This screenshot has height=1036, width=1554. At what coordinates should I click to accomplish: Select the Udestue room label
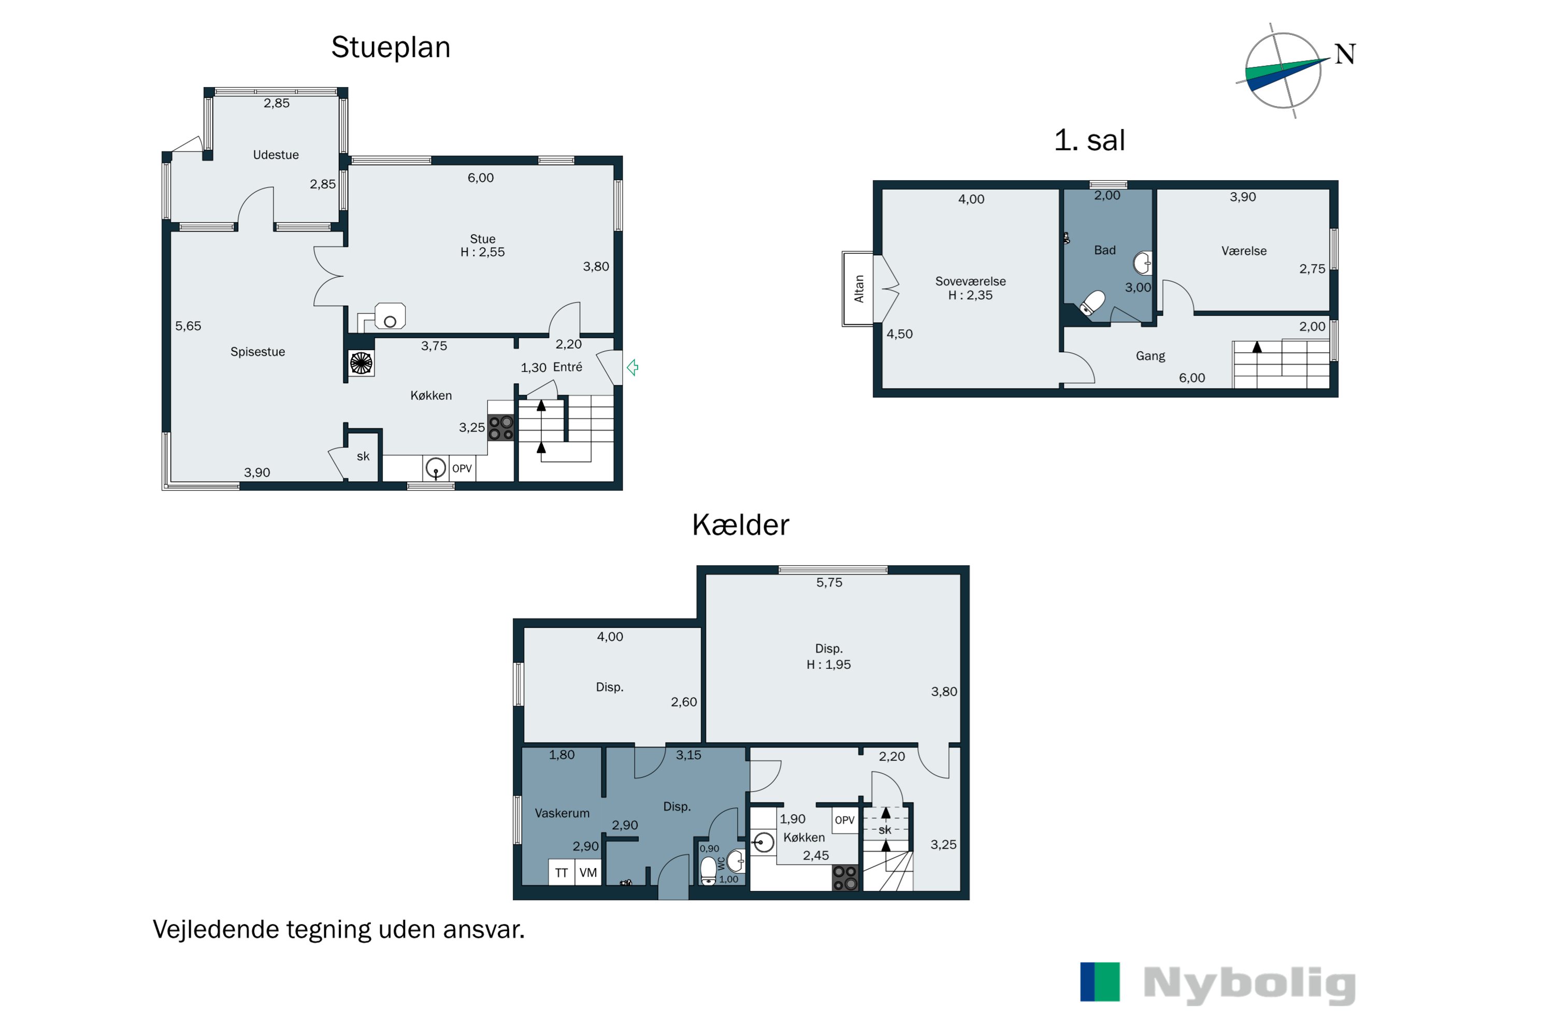click(276, 154)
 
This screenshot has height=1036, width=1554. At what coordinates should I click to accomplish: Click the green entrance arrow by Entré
click(632, 367)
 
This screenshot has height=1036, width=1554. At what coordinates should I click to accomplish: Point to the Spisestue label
click(257, 352)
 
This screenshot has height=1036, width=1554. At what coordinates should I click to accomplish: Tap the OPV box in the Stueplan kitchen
click(462, 468)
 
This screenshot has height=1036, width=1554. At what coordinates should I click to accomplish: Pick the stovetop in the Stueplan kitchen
click(501, 427)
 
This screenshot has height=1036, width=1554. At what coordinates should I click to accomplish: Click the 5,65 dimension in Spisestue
click(189, 326)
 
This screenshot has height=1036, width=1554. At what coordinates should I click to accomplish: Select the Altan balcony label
click(859, 289)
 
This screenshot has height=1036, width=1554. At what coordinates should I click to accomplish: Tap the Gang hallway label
click(1150, 355)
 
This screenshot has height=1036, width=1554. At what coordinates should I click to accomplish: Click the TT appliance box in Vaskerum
click(562, 872)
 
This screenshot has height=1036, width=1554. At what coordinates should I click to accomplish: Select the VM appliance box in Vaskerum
click(588, 872)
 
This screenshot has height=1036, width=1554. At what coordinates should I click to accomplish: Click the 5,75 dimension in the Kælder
click(829, 582)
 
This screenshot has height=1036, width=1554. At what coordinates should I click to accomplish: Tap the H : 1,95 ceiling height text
click(828, 665)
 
